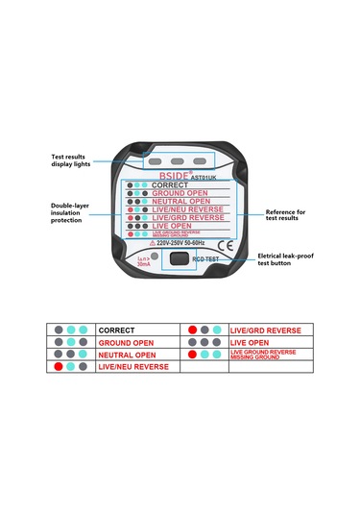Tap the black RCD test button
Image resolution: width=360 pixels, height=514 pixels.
[177, 258]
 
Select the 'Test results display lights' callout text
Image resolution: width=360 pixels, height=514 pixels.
[70, 159]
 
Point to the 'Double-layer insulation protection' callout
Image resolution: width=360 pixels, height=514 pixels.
[72, 213]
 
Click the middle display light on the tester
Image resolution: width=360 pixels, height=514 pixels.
[179, 160]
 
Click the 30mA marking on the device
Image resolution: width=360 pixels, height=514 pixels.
[145, 263]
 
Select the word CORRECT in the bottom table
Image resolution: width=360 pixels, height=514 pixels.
[117, 330]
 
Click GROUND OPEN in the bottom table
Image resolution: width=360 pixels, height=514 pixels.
[127, 342]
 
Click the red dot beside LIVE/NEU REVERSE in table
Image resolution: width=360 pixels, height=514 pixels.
[60, 367]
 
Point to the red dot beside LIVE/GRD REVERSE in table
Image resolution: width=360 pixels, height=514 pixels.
[192, 330]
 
